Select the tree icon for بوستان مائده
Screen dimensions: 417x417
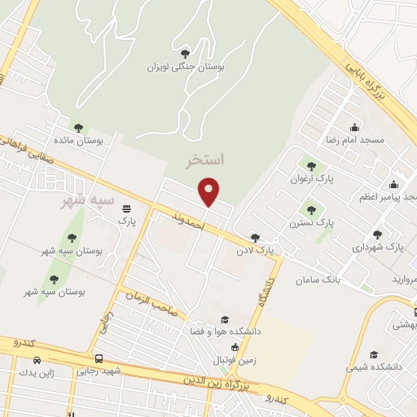tap(78, 128)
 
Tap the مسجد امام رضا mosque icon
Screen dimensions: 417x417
tap(353, 127)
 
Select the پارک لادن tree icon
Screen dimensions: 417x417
tap(256, 238)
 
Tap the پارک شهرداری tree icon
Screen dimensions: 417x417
tap(376, 234)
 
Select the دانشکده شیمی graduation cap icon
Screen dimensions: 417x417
tap(374, 354)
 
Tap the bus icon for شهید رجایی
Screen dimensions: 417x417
tap(99, 358)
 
